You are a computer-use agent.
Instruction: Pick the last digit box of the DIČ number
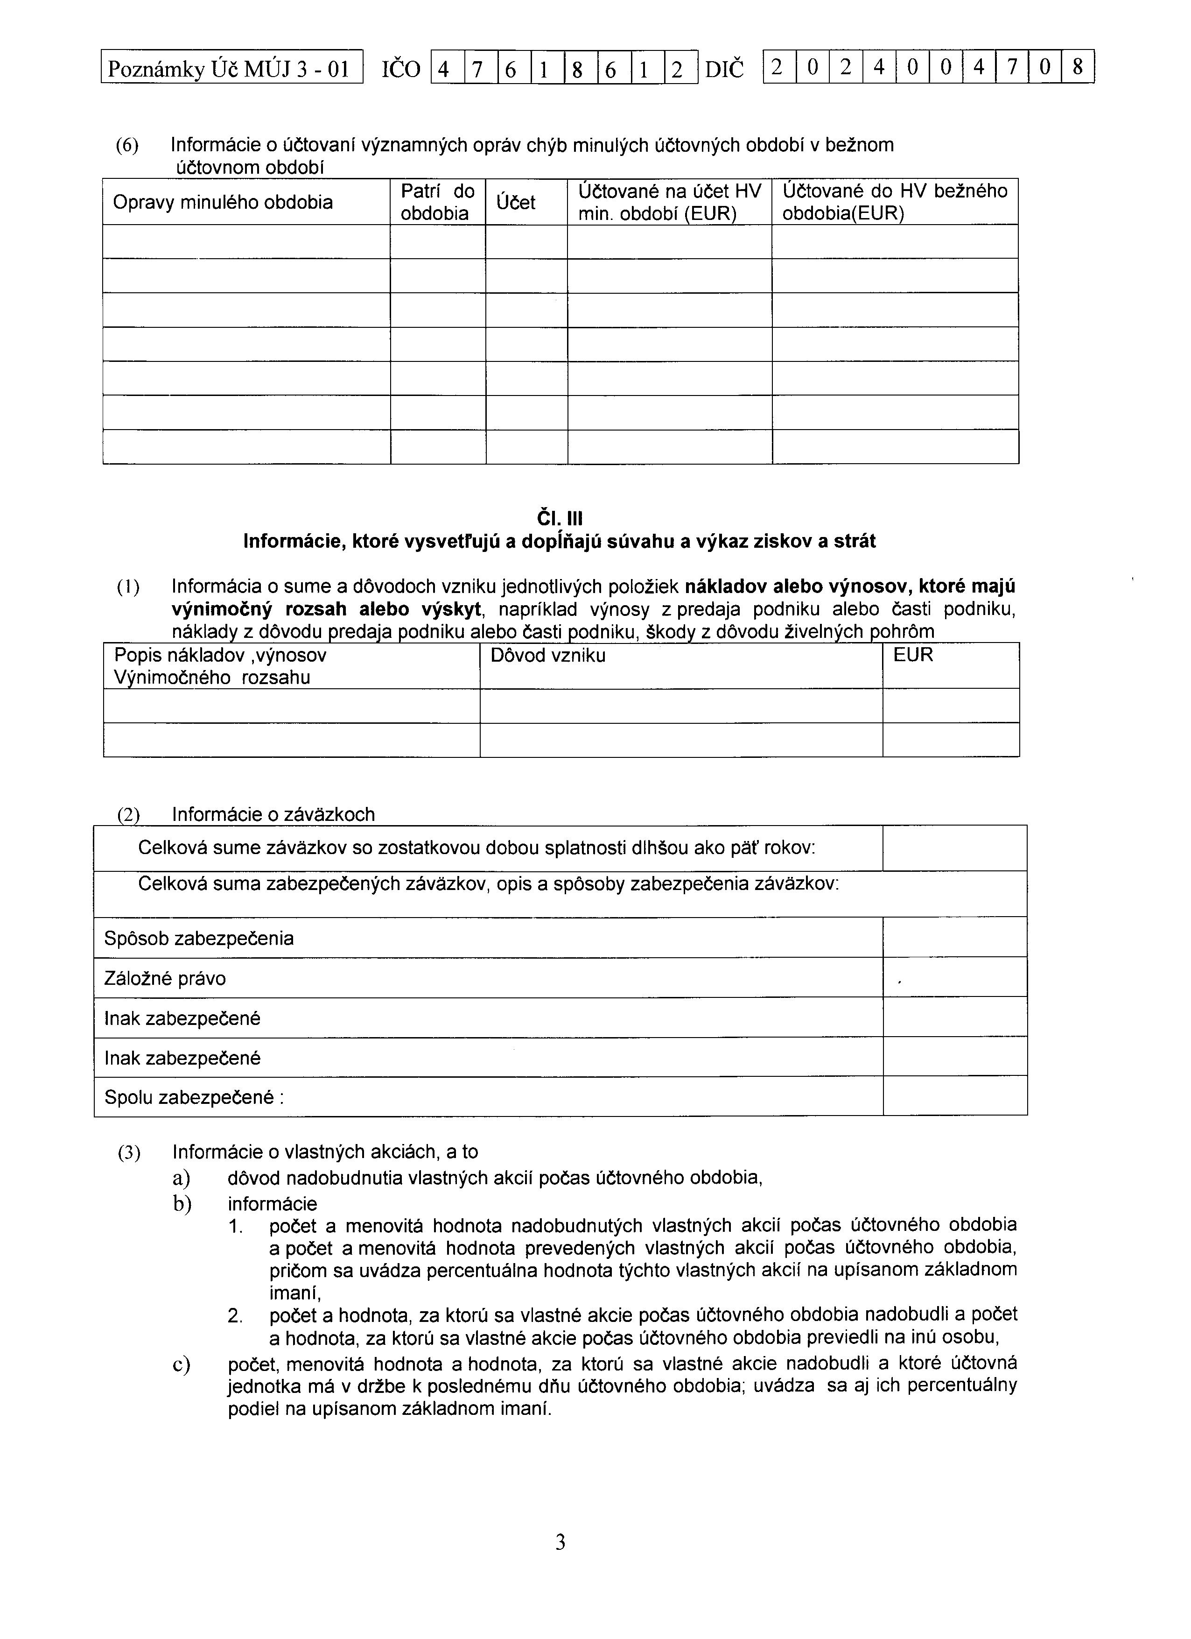coord(1078,67)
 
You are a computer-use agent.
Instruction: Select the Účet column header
coord(516,202)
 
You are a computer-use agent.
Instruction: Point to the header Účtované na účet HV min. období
coord(670,202)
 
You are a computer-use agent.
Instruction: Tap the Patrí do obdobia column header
coord(438,202)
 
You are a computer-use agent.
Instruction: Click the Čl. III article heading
coord(560,520)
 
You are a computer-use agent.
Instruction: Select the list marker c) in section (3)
coord(181,1364)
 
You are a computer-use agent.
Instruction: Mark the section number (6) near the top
coord(128,146)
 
